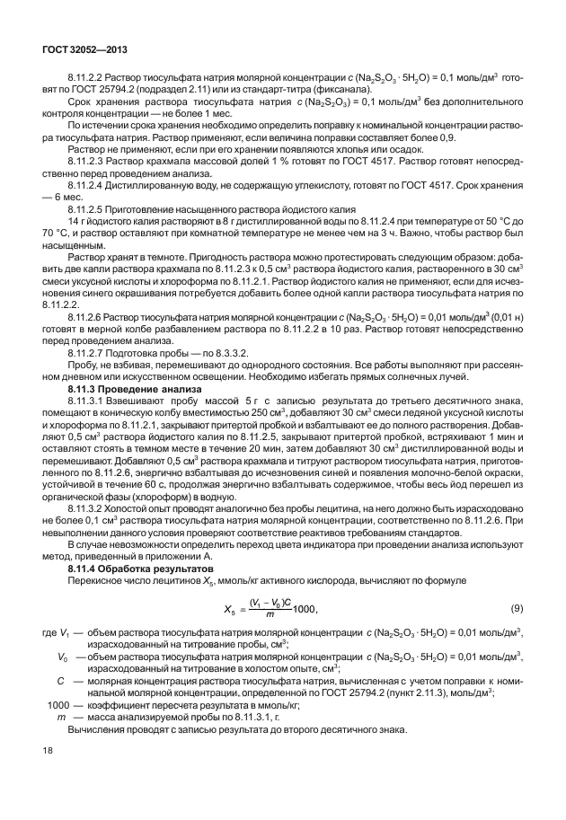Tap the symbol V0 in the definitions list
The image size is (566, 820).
click(x=63, y=657)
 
